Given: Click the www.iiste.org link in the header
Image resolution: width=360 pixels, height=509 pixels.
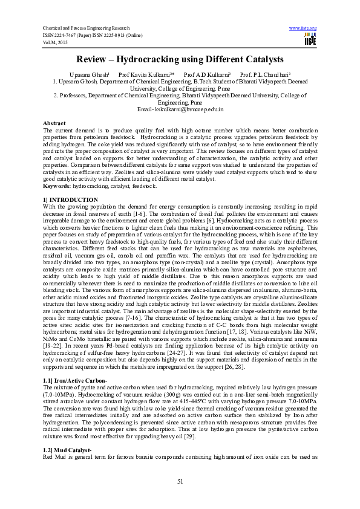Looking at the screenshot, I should [303, 28].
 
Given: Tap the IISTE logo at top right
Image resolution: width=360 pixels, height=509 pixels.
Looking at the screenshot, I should [310, 39].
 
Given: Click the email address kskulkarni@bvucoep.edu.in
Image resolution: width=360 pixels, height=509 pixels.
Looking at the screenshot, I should [189, 110].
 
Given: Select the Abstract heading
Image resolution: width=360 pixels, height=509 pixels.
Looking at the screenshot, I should [54, 123].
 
